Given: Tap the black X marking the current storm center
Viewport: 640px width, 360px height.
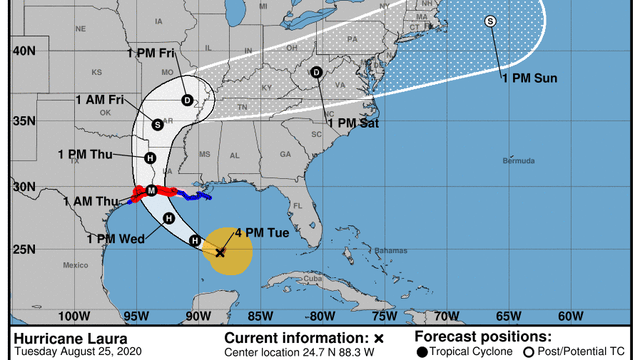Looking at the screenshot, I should (x=220, y=253).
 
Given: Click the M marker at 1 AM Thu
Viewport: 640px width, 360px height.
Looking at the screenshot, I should (x=151, y=190).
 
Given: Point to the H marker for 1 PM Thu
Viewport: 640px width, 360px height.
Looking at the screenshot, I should (x=151, y=157).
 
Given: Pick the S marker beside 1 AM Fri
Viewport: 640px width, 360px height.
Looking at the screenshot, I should (x=157, y=124).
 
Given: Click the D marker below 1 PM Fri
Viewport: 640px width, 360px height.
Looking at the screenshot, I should (x=188, y=99).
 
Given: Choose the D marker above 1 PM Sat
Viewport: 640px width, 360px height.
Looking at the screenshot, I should (x=316, y=72).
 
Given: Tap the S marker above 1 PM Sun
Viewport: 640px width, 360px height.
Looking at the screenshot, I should (x=490, y=22).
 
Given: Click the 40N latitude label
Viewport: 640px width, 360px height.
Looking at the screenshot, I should (x=23, y=50).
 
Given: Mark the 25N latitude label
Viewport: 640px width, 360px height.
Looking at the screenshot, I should (x=23, y=249).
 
